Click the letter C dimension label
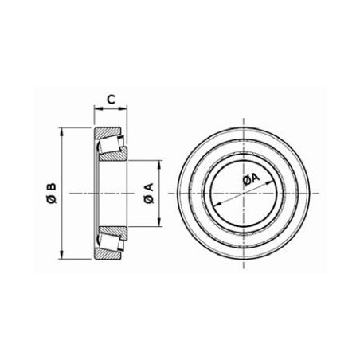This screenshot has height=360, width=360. (111, 100)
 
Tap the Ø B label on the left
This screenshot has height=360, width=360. (51, 193)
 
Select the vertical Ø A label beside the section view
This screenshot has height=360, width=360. (149, 193)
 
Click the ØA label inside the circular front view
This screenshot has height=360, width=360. (251, 179)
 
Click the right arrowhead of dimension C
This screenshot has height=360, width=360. (123, 108)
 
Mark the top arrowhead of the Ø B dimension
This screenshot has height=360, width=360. (61, 131)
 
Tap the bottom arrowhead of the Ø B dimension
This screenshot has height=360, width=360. (61, 255)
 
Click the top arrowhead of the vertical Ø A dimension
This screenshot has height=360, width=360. (159, 164)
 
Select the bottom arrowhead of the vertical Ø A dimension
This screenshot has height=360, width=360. (159, 222)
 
